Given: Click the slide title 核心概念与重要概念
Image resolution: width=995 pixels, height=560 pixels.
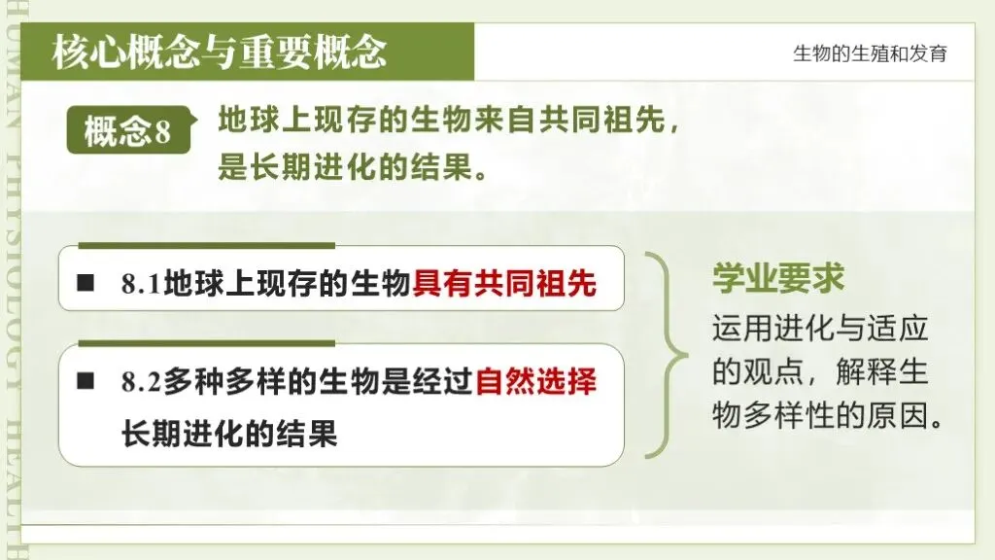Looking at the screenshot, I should [220, 52].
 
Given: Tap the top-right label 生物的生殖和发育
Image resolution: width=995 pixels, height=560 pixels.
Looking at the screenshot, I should [870, 53].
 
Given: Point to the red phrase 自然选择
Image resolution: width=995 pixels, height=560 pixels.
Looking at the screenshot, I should [535, 382].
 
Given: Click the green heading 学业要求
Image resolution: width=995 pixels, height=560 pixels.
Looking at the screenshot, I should [778, 279].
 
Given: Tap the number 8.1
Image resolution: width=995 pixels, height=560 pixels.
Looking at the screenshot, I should [142, 284].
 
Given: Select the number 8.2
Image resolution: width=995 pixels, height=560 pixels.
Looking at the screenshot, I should [142, 383].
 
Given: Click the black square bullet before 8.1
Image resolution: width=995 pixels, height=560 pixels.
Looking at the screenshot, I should [86, 284].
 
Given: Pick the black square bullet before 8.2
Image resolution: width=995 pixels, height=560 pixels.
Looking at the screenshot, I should [86, 382].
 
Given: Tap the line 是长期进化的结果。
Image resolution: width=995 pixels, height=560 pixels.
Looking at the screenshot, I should [352, 168].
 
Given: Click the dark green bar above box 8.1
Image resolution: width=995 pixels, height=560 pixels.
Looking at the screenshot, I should [206, 246].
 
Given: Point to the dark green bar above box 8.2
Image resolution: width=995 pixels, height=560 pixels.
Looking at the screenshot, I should [206, 343].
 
